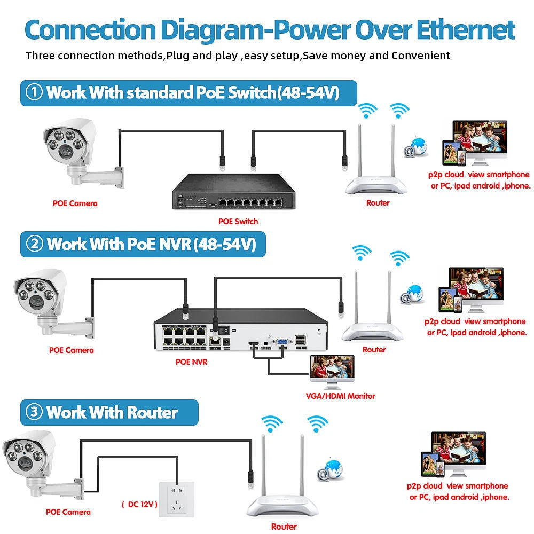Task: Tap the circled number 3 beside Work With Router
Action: point(35,412)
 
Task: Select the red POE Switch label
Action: point(238,221)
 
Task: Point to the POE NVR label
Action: point(191,362)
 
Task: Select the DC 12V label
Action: point(139,504)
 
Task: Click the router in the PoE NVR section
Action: point(374,315)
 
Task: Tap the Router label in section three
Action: point(284,526)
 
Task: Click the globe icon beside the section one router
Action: point(417,147)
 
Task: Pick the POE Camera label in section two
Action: point(71,350)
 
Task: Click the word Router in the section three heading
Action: point(152,412)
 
